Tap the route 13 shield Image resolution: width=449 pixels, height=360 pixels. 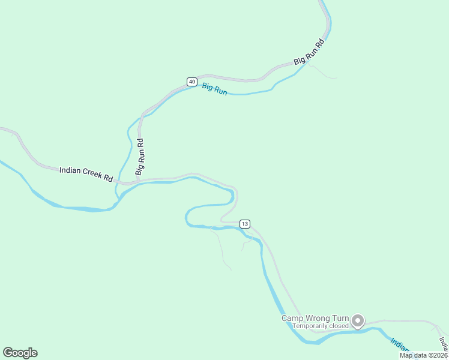click(244, 224)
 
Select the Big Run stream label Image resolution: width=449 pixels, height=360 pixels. click(214, 89)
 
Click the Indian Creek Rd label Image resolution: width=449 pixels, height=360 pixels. click(86, 175)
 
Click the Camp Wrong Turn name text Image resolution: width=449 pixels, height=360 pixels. click(315, 318)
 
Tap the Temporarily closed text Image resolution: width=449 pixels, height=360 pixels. click(320, 326)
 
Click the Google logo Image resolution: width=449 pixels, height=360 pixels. click(20, 353)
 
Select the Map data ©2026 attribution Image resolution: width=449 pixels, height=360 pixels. click(424, 355)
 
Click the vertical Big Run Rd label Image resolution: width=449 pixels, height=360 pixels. click(139, 157)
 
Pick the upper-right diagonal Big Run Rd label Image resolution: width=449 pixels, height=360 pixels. click(309, 52)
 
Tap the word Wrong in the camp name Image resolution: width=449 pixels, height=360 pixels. click(318, 318)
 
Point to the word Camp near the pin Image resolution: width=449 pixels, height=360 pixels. click(292, 318)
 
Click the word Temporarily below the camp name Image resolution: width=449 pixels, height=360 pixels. click(310, 326)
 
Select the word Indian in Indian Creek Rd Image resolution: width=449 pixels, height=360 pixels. click(70, 171)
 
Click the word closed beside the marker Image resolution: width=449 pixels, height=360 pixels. click(338, 326)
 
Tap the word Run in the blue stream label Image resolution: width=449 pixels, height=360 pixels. click(220, 91)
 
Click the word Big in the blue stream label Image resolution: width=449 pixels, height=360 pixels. click(207, 87)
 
